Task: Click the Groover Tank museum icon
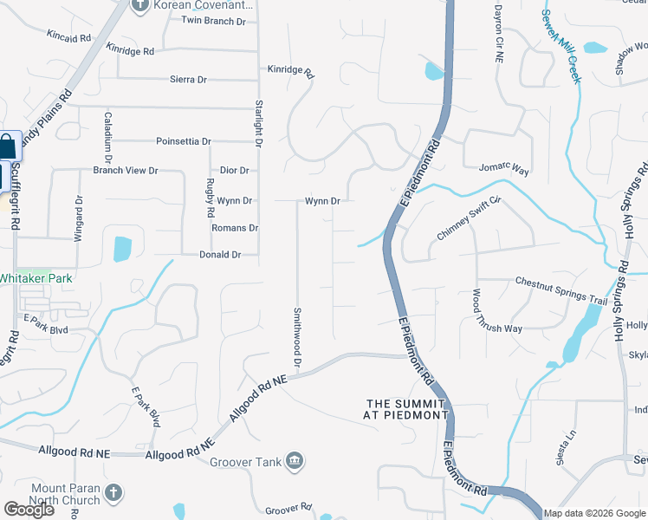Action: (295, 460)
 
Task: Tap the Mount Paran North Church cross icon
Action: (113, 494)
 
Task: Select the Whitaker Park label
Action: (36, 278)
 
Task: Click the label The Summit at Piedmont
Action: (406, 409)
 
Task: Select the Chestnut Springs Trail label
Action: (561, 289)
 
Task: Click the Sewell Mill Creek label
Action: (561, 46)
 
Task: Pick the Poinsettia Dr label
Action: (183, 141)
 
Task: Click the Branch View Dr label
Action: (126, 171)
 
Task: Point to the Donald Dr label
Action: (219, 255)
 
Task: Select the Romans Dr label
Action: (235, 228)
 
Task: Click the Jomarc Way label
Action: (503, 167)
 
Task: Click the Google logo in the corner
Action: (29, 510)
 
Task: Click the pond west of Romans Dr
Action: (122, 249)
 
